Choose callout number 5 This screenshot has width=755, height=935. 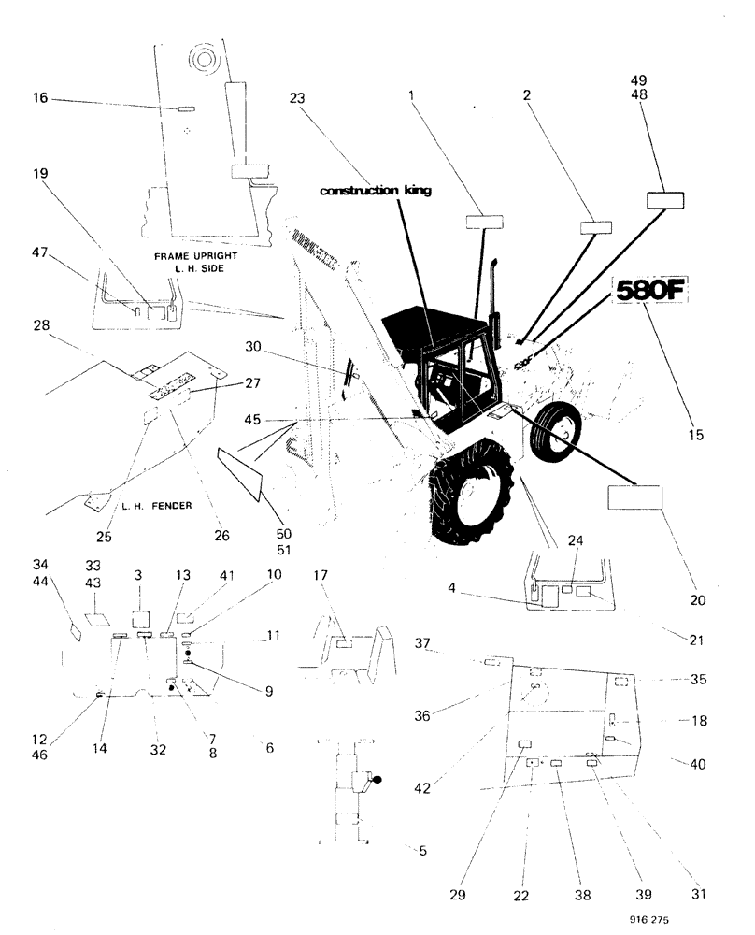coord(421,850)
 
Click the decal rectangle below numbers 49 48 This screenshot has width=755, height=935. coord(665,200)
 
